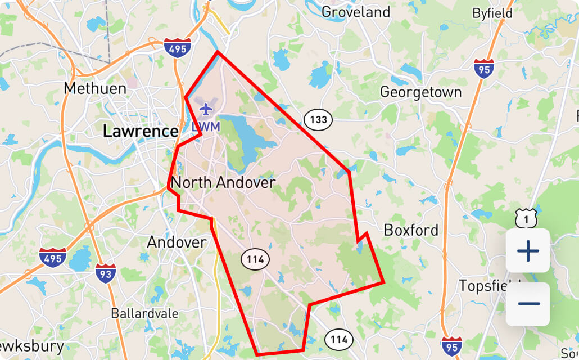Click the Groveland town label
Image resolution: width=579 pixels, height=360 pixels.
[356, 12]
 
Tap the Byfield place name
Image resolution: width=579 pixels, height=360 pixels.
[492, 13]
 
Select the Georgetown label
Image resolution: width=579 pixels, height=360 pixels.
[420, 92]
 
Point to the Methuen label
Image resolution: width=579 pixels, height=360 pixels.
[87, 88]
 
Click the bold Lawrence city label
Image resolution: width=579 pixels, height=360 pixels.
[141, 132]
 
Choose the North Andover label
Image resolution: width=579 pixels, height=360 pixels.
[223, 183]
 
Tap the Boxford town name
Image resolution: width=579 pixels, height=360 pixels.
[410, 230]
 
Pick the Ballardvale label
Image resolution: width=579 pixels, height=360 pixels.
[145, 313]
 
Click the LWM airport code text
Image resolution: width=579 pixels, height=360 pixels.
[205, 127]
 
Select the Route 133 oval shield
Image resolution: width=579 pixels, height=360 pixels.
[318, 119]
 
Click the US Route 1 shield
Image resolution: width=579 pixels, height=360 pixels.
[526, 218]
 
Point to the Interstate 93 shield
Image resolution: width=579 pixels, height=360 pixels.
[105, 274]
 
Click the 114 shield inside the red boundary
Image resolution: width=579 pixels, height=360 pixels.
[255, 259]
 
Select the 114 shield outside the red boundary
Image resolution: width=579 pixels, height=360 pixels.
[339, 339]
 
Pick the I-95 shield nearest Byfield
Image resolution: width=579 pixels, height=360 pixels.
[484, 68]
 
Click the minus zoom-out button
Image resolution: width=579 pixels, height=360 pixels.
[528, 304]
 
